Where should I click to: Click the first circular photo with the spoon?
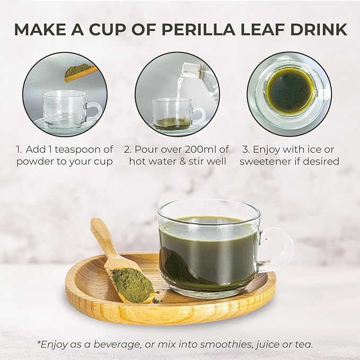[64, 94]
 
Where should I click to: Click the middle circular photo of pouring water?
[177, 94]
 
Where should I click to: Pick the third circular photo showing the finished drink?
[289, 94]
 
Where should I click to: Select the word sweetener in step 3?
[267, 161]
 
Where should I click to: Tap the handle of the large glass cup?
[279, 249]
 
